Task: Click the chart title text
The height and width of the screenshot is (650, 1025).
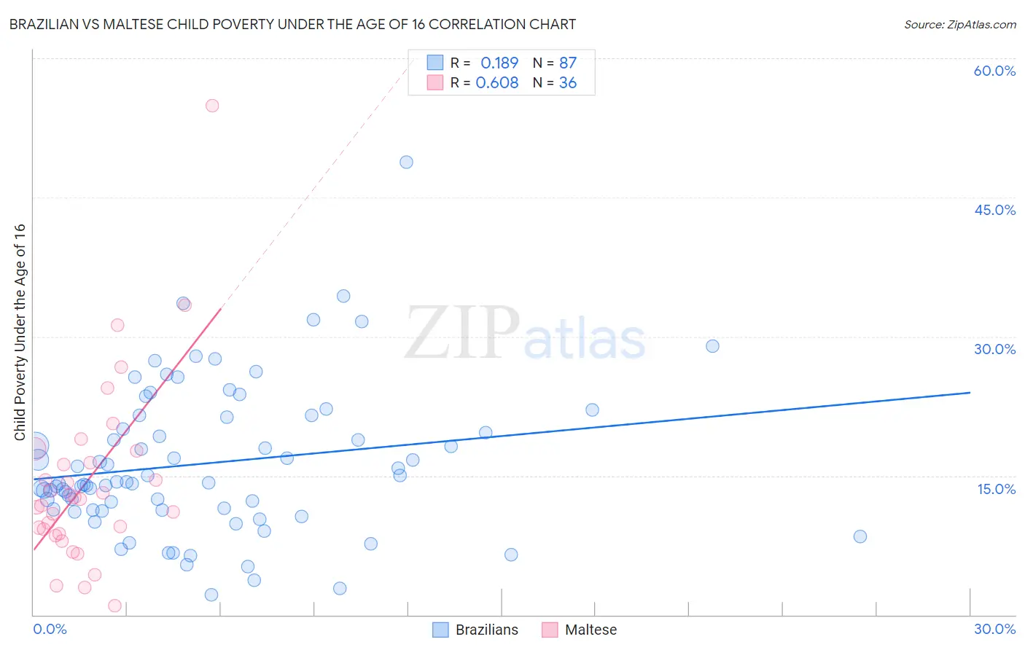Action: coord(292,25)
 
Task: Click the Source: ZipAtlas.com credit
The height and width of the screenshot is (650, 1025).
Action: coord(959,25)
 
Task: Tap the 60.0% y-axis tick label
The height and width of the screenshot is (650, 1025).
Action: coord(994,71)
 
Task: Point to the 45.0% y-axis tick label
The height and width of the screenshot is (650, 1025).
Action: coord(994,210)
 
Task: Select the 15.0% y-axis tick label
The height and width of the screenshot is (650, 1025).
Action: coord(996,489)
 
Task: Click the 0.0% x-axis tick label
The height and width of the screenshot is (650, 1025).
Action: coord(50,629)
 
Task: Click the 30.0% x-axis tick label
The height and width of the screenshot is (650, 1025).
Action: coord(994,629)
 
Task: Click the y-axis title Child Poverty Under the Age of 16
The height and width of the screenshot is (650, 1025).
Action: coord(20,332)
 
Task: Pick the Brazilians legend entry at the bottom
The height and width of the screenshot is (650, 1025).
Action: coord(475,630)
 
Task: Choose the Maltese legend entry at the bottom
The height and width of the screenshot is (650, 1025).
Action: coord(580,630)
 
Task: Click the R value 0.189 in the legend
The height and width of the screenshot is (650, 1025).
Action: coord(499,63)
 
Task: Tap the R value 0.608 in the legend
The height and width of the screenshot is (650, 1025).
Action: coord(497,83)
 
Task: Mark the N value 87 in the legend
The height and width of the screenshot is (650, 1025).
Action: coord(568,63)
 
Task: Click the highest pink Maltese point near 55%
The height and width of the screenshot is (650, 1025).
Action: coord(212,106)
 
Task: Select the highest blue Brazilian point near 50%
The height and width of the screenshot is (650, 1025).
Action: coord(406,162)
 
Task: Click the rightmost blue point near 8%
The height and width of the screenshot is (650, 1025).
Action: coord(860,536)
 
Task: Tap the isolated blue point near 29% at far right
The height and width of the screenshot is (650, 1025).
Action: coord(712,346)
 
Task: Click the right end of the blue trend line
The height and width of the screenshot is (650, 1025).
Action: coord(970,393)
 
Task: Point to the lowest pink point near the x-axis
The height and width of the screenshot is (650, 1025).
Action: coord(114,606)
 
